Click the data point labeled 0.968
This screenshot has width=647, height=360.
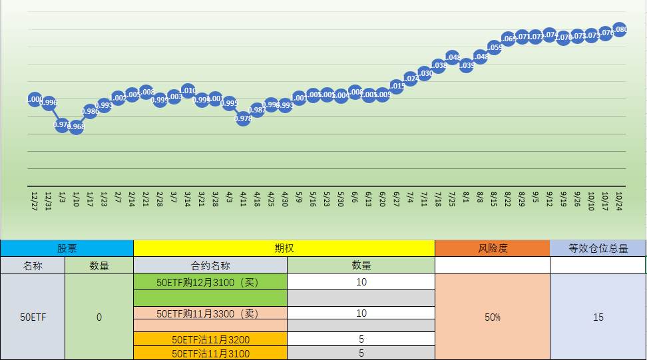coord(76,127)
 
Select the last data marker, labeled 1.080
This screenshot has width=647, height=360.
coord(620,29)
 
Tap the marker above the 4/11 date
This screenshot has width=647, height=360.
coord(243,118)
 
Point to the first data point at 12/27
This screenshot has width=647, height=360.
coord(35,100)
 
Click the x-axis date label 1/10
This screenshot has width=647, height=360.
coord(76,199)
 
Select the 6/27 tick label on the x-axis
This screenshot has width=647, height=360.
coord(397,199)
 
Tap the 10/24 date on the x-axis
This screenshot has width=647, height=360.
coord(620,200)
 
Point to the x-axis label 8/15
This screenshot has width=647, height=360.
coord(494,199)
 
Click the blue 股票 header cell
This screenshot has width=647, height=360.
coord(67,248)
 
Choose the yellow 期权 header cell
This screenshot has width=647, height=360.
coord(284,248)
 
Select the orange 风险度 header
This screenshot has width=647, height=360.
coord(493,248)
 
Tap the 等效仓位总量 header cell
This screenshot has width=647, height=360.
coord(598,248)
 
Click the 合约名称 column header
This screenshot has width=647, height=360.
coord(210,265)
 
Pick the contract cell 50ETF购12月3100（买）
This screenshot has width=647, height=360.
coord(210,281)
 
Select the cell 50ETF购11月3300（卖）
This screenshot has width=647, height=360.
coord(210,313)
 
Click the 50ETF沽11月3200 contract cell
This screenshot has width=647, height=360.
coord(210,339)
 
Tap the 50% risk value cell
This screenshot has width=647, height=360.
coord(493,317)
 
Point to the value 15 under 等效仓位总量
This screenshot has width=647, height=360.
coord(598,317)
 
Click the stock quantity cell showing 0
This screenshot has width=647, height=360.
coord(99,317)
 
